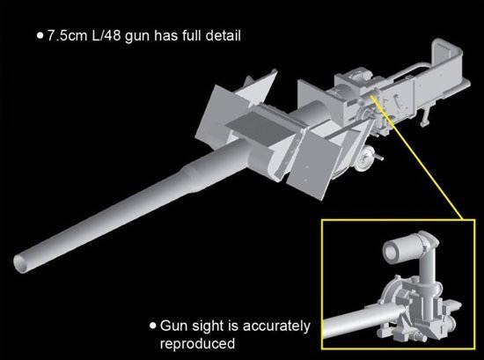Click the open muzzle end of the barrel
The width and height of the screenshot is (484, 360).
(x=22, y=264)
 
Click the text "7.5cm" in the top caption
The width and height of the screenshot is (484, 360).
(x=67, y=36)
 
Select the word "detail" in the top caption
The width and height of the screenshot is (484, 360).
(x=223, y=36)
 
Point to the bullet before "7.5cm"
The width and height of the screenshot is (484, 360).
(x=40, y=35)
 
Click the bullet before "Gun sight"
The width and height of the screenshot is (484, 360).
(x=153, y=326)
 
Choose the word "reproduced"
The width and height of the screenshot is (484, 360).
(x=197, y=343)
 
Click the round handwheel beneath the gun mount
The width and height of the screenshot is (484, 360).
(x=364, y=158)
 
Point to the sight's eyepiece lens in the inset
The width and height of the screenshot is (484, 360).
(x=391, y=251)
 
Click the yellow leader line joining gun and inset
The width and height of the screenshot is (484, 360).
(x=417, y=158)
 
